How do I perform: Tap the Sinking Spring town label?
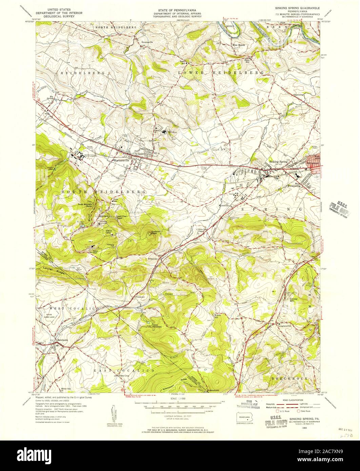click(x=279, y=162)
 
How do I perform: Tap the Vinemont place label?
click(x=140, y=297)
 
